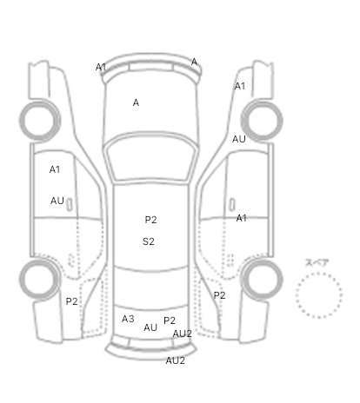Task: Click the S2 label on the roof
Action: click(x=149, y=241)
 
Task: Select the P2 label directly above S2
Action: click(x=150, y=220)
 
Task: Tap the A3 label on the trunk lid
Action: click(x=128, y=319)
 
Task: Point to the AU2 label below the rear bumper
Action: click(x=175, y=360)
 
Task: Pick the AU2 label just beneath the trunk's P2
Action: click(x=182, y=334)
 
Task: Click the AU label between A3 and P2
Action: click(x=150, y=327)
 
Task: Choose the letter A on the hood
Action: click(x=136, y=102)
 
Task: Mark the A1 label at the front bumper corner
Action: click(x=101, y=67)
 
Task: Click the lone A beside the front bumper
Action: click(x=194, y=62)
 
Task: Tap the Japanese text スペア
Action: click(x=317, y=263)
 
